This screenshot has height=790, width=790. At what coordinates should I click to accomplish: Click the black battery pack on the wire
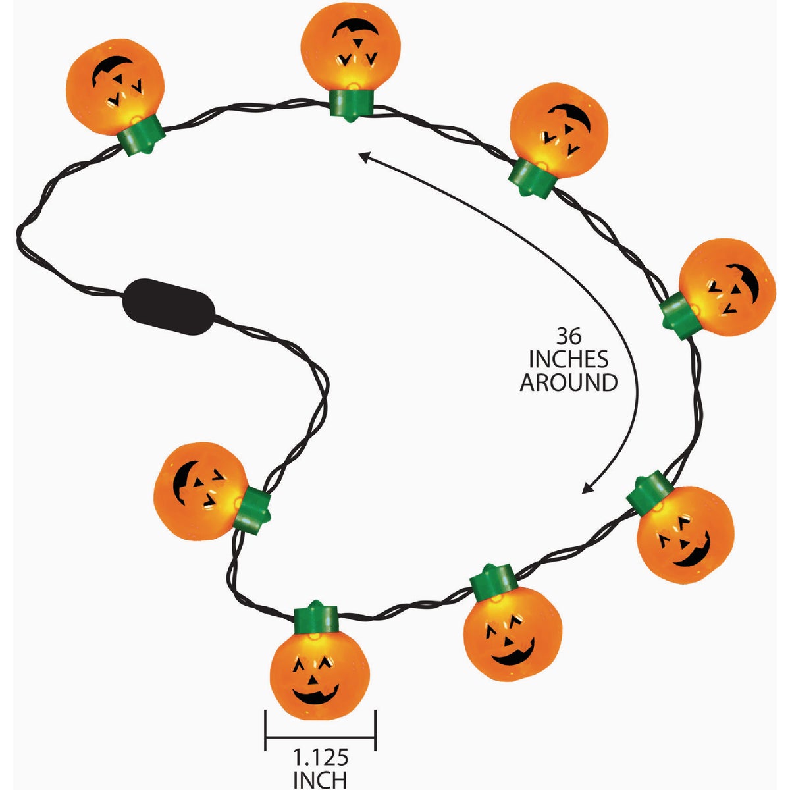(169, 307)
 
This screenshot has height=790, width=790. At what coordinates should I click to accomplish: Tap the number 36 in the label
(569, 336)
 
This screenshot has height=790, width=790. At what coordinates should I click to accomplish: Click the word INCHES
(569, 359)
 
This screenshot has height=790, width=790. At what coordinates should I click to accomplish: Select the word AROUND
(569, 383)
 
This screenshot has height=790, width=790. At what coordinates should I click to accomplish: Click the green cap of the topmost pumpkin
(352, 105)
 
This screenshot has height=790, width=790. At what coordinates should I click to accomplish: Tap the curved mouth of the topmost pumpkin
(355, 28)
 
